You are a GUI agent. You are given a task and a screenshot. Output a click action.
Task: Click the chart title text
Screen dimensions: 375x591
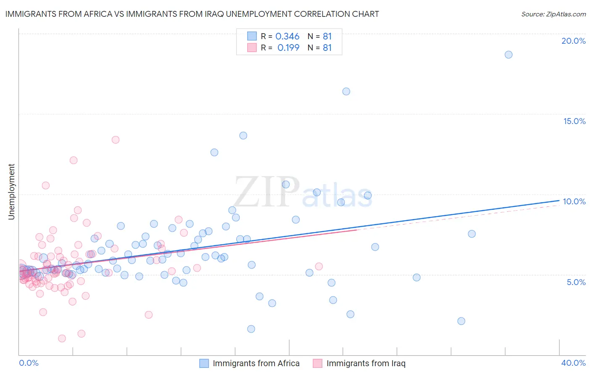pos(192,14)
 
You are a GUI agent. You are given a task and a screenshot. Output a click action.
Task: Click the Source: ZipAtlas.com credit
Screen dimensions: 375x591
pos(553,14)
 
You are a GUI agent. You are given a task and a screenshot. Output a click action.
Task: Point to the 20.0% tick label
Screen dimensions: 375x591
pos(573,41)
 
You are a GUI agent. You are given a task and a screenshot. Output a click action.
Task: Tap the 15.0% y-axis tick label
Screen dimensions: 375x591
pos(574,121)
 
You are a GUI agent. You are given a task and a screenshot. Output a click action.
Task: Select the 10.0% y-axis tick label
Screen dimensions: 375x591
pos(574,201)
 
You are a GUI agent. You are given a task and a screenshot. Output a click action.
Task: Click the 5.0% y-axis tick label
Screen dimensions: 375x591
pos(576,282)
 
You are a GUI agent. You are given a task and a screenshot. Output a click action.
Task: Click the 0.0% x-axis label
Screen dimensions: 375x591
pos(29,363)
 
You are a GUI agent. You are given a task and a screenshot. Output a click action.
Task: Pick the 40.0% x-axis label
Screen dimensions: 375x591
pos(573,363)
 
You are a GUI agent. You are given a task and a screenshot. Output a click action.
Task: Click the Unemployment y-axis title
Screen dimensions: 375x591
pos(11,192)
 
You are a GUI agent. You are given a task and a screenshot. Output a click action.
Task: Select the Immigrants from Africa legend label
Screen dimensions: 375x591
pos(256,363)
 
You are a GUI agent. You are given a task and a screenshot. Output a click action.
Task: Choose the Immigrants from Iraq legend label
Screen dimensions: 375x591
pos(366,363)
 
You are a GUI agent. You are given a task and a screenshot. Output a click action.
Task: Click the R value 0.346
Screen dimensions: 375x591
pos(288,37)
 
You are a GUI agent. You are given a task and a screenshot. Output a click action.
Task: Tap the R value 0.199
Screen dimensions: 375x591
pos(288,48)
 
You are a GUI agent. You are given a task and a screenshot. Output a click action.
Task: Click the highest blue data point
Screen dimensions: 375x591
pos(509,55)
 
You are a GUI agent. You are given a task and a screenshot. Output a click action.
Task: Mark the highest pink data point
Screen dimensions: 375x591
pos(116,140)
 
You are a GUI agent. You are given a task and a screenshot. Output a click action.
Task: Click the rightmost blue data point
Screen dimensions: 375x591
pos(509,55)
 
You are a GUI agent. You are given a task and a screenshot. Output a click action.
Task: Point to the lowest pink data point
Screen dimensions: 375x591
pos(62,338)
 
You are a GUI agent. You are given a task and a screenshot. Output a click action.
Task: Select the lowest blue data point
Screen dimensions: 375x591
pos(251,329)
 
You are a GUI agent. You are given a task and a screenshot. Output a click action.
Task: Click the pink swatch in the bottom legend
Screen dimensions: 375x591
pos(318,363)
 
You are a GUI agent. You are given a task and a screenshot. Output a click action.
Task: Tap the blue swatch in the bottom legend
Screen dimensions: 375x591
pos(204,363)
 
